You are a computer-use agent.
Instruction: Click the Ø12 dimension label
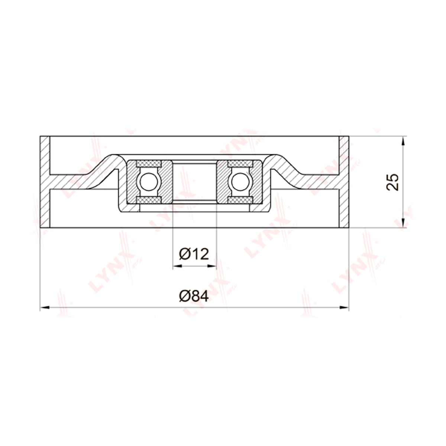click(194, 254)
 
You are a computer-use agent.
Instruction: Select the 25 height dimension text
click(393, 182)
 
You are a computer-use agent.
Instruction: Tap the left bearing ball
click(149, 182)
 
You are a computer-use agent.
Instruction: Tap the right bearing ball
click(240, 182)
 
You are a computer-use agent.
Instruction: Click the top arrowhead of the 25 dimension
click(403, 141)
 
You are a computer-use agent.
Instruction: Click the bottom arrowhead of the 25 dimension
click(403, 223)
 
